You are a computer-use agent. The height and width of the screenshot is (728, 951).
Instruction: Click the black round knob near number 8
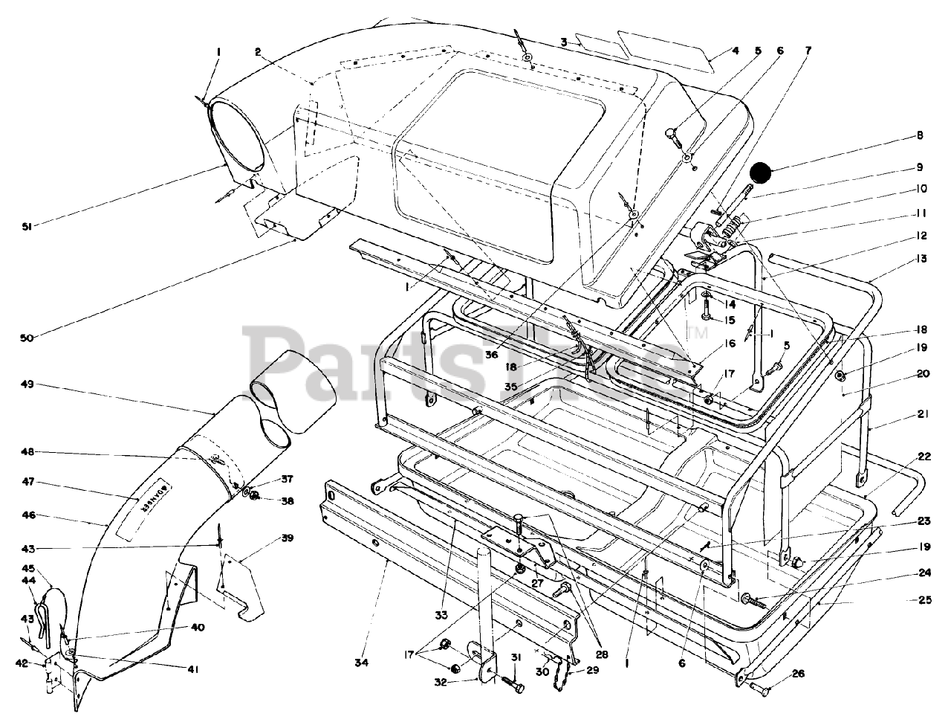tap(761, 173)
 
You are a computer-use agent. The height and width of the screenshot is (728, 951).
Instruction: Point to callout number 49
tap(27, 384)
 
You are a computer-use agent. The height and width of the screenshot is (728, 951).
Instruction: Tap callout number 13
tap(921, 259)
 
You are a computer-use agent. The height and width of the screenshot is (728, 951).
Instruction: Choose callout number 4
tap(735, 51)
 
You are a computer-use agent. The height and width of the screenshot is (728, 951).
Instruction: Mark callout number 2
tap(258, 51)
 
